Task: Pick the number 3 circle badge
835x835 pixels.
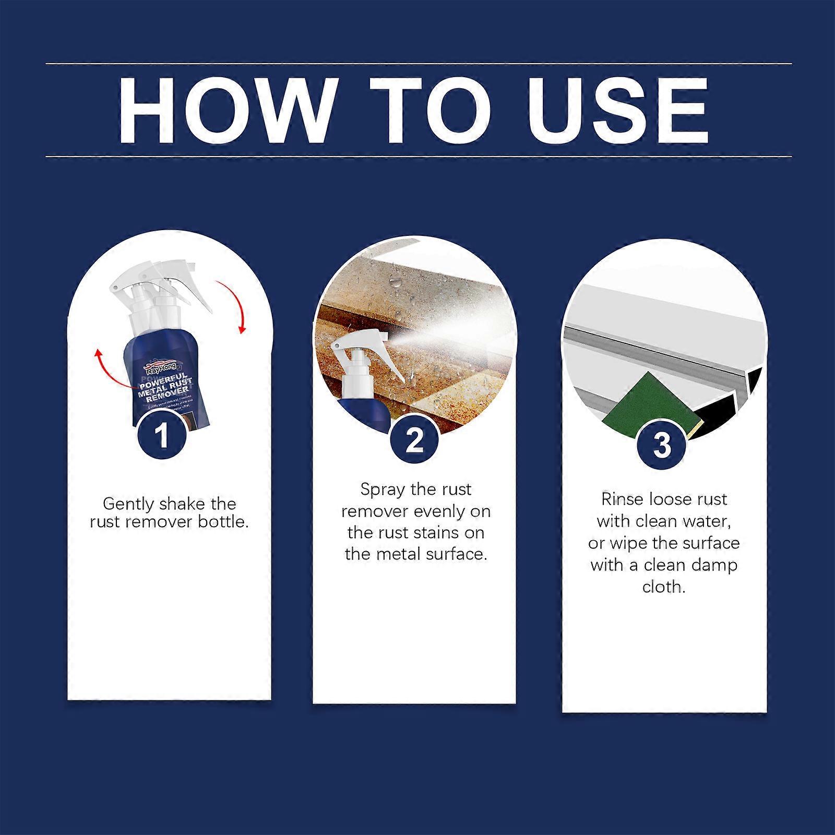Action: click(662, 445)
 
